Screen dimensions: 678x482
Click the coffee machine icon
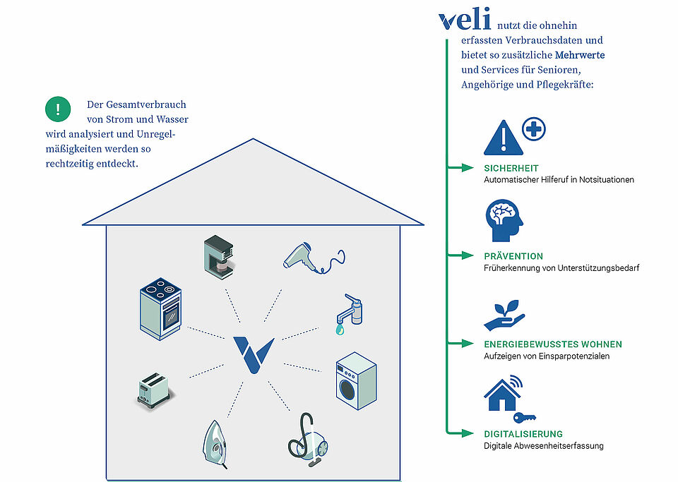tap(219, 257)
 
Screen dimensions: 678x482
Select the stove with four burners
tap(160, 309)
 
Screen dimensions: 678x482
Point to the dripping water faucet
tap(349, 315)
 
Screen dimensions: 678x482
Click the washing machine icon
tap(356, 381)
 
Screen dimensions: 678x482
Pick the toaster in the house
tap(153, 391)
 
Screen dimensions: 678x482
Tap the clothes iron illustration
tap(215, 445)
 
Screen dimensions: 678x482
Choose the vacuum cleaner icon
tap(308, 440)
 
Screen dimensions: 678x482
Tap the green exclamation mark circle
tap(58, 109)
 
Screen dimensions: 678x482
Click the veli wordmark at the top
tap(465, 20)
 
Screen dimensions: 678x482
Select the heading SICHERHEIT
tap(511, 169)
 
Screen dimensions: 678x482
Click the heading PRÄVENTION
tap(513, 256)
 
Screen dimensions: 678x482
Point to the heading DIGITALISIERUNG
tap(523, 434)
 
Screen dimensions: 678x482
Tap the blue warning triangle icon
tap(504, 138)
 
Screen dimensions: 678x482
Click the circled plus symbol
tap(534, 128)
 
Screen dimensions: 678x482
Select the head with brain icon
tap(504, 220)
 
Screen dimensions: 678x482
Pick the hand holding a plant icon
tap(504, 315)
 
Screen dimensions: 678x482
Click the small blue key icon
tap(525, 418)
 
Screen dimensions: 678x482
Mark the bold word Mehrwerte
tap(579, 55)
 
